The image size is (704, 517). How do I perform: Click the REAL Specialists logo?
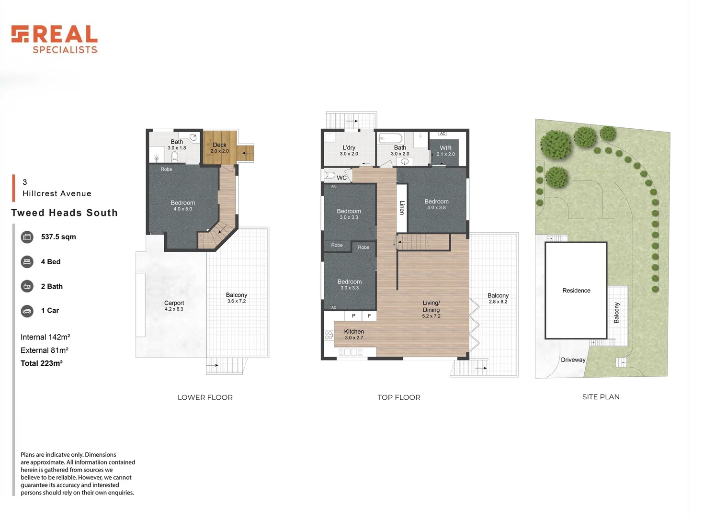(x=55, y=39)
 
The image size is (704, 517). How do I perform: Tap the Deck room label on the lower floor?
(x=219, y=147)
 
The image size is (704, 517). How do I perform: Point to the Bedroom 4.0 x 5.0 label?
(x=182, y=205)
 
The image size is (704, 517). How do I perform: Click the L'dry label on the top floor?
(x=349, y=150)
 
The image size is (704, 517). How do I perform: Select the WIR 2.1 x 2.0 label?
(x=445, y=151)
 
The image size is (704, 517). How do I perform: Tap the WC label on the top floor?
(x=341, y=178)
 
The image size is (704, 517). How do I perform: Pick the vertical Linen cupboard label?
(x=402, y=207)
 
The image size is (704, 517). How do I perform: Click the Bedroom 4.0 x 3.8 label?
(x=436, y=204)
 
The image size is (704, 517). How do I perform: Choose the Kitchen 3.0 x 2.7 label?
(x=354, y=334)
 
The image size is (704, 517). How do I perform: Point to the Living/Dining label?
(x=431, y=309)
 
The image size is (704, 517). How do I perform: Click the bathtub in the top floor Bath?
(x=390, y=139)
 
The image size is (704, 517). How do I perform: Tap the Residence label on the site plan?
(x=576, y=291)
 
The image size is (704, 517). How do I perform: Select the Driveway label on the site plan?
(x=573, y=360)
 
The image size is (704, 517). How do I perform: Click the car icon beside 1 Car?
(x=27, y=311)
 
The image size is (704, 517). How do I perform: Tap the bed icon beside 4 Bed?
(x=27, y=262)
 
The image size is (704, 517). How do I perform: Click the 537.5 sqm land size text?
(x=58, y=237)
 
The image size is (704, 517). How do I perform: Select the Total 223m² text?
(x=42, y=363)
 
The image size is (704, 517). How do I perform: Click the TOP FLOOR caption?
(x=398, y=397)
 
